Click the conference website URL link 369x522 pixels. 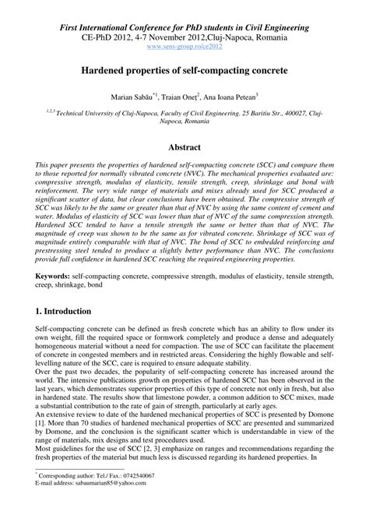[184, 47]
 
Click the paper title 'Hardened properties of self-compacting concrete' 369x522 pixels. [184, 70]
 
